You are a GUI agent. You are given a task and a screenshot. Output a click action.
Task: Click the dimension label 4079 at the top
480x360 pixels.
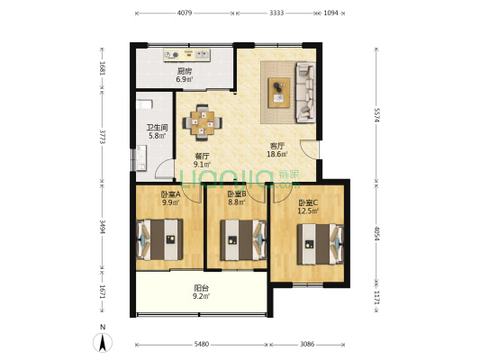pos(185,13)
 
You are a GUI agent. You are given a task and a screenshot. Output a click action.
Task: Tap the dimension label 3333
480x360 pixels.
pos(276,13)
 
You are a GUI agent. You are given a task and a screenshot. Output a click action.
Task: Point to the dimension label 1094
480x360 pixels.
pos(331,13)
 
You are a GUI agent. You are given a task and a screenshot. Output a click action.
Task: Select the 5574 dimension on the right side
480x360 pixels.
pos(376,115)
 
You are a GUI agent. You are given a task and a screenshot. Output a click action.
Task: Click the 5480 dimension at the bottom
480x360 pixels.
pos(202,344)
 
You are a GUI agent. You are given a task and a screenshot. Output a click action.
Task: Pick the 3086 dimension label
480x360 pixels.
pos(307,344)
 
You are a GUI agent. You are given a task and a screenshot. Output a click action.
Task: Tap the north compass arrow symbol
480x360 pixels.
pos(103,342)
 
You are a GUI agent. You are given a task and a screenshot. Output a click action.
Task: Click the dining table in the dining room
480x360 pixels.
pos(202,123)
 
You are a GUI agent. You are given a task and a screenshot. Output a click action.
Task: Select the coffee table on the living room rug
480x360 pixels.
pos(278,93)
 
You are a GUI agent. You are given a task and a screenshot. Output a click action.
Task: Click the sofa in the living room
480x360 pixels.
pos(305,93)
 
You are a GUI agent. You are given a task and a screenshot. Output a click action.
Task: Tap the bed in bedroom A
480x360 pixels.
pos(159,239)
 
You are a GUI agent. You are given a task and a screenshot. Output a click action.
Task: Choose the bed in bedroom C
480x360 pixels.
pos(320,244)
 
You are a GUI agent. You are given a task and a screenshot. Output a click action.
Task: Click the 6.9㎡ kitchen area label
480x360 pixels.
pos(185,79)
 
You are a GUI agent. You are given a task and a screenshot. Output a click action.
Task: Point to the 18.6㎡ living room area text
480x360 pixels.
pos(277,154)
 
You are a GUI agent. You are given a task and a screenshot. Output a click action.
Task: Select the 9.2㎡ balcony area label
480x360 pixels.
pos(201,296)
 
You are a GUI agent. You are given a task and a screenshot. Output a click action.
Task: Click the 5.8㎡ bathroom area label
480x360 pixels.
pos(157,136)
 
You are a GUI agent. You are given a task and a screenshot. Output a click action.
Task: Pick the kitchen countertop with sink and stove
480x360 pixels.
pos(186,55)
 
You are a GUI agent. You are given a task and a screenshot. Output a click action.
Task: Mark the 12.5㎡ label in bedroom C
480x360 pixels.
pos(308,211)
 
